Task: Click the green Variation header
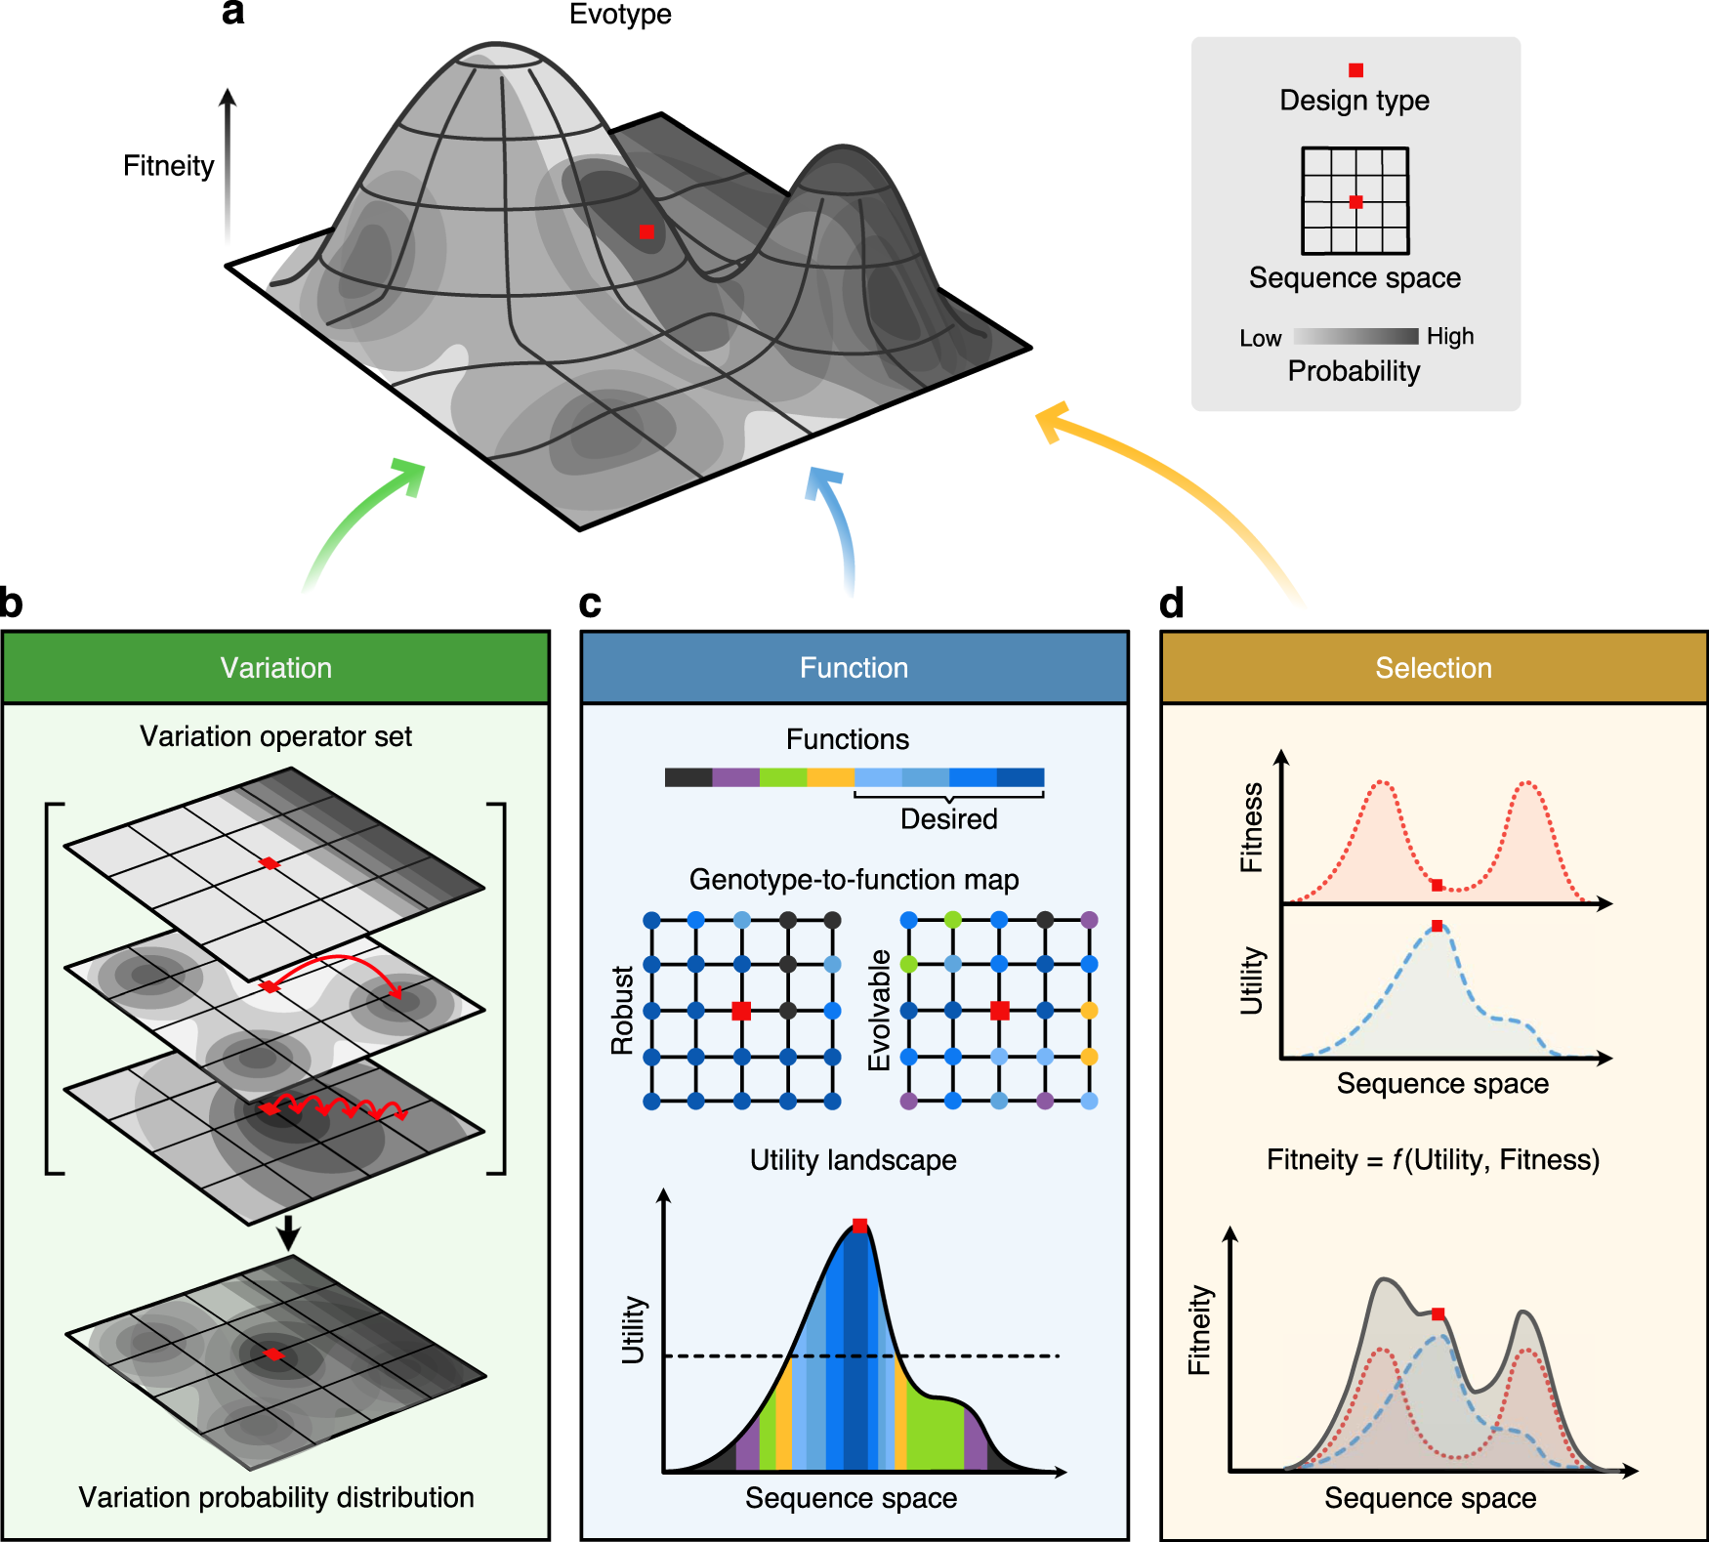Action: tap(275, 668)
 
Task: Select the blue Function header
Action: tap(854, 668)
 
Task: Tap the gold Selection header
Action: tap(1433, 668)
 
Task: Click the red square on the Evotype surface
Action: tap(646, 232)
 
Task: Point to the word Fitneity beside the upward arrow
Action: tap(168, 166)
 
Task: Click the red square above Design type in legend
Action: tap(1355, 70)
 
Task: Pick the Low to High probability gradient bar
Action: tap(1355, 336)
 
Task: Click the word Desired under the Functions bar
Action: tap(948, 819)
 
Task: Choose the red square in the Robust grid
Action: tap(741, 1011)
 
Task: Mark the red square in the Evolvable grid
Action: tap(999, 1011)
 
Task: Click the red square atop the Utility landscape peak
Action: tap(859, 1226)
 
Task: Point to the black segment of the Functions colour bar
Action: tap(688, 777)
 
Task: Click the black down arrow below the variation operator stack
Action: tap(287, 1233)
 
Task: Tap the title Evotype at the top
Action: tap(620, 15)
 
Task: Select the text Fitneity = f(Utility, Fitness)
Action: tap(1433, 1160)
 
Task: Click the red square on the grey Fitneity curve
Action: tap(1438, 1314)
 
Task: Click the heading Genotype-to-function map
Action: tap(854, 880)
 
